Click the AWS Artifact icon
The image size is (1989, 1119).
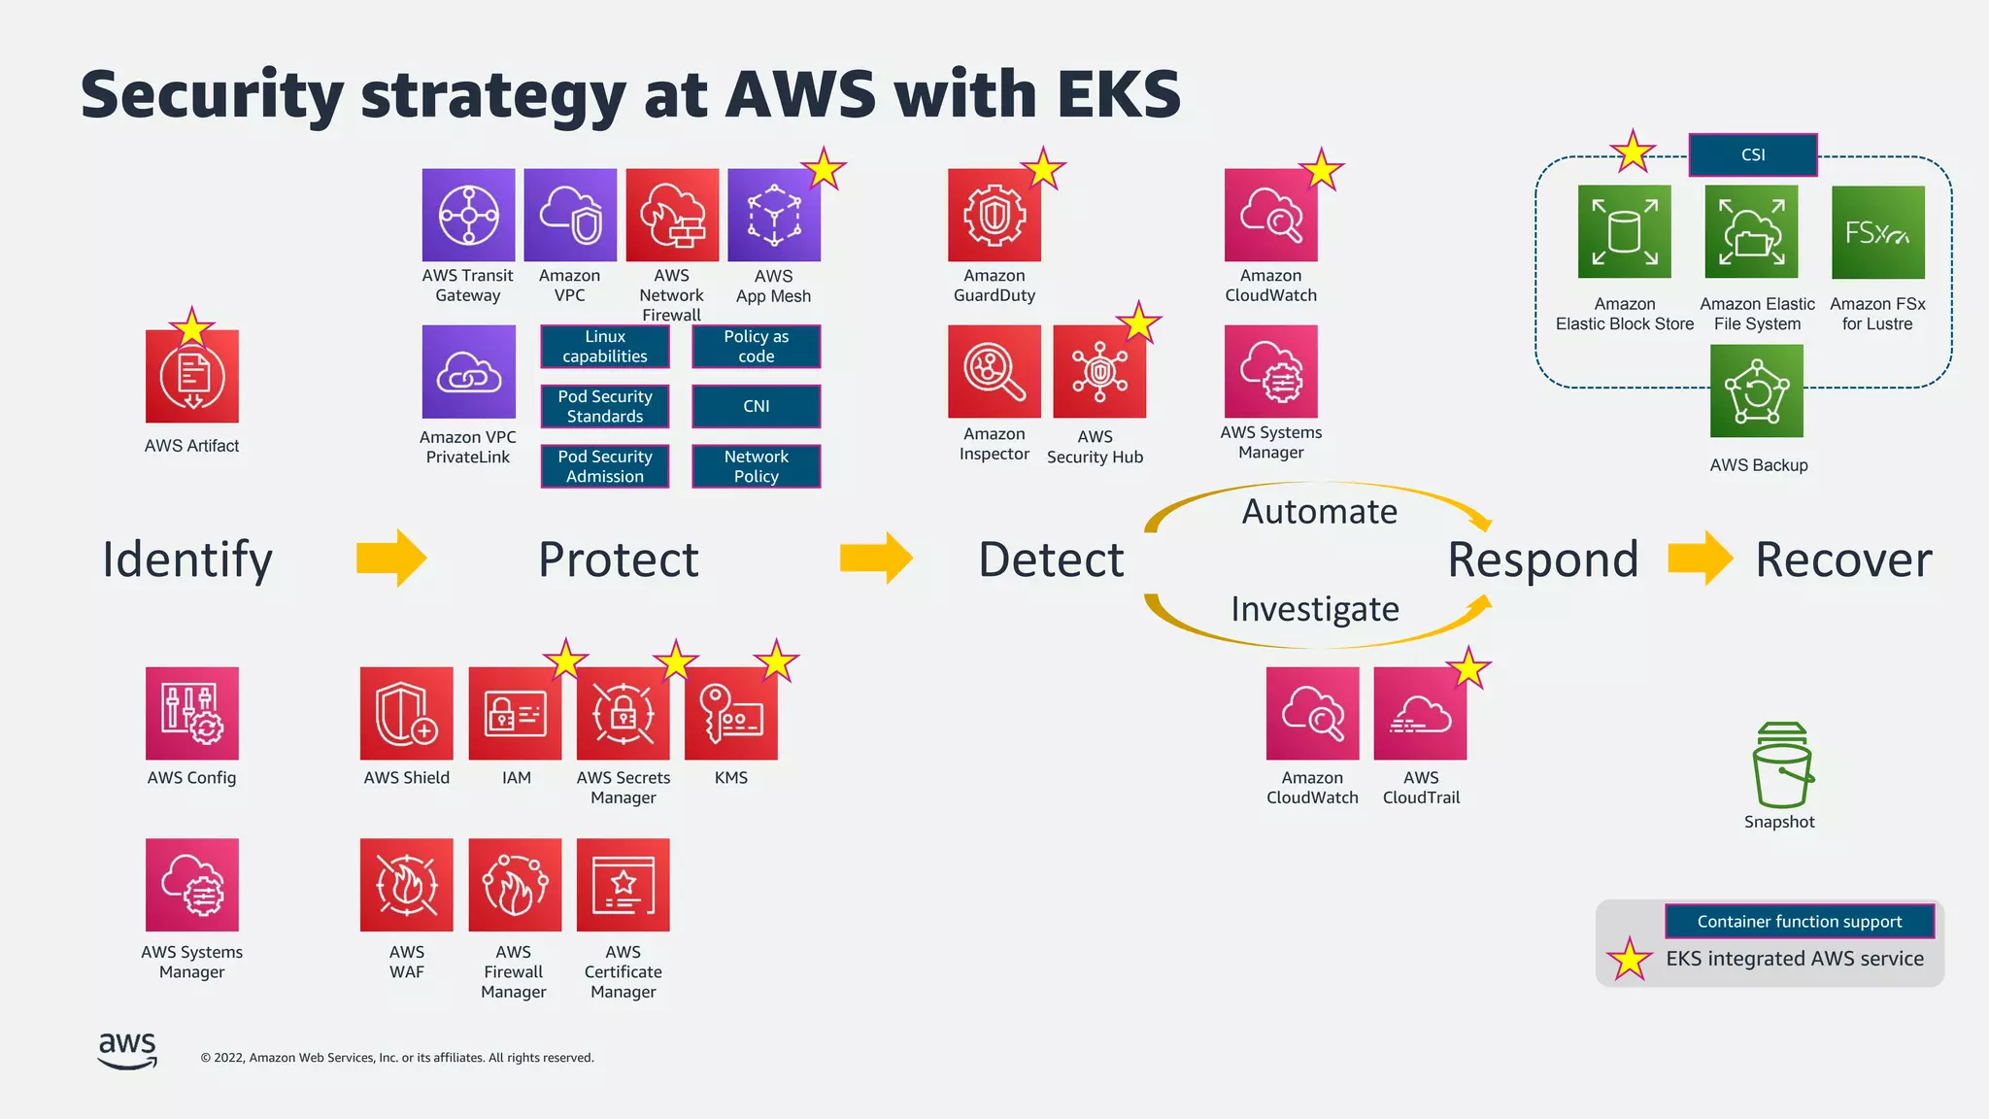191,376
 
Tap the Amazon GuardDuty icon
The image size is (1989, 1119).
994,215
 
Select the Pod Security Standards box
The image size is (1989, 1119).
604,406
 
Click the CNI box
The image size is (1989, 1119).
756,406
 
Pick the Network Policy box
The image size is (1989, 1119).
756,466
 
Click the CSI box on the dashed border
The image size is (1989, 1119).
1752,154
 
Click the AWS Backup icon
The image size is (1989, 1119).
1756,391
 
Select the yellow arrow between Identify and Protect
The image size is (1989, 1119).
391,558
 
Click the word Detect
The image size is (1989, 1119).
1050,559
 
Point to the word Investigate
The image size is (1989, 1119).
1314,609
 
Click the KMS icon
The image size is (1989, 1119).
730,714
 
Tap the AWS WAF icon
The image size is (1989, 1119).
406,885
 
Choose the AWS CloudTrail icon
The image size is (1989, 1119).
1420,714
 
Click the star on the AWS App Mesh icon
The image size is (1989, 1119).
824,169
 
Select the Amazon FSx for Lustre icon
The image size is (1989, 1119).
1876,233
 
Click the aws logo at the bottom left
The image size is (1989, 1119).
127,1050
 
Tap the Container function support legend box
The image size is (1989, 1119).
1799,921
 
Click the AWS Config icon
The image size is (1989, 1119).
191,714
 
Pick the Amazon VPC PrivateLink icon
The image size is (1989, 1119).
468,372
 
